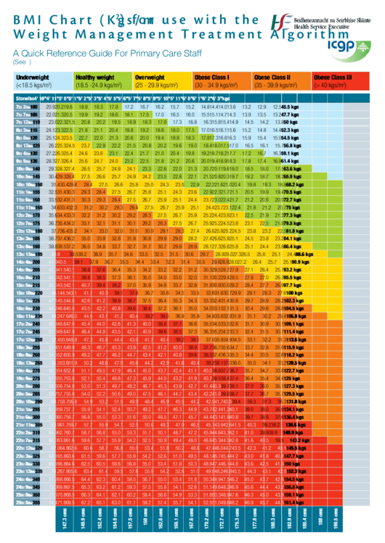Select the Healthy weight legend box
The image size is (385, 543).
tap(102, 80)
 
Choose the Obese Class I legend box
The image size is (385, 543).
tap(221, 80)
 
